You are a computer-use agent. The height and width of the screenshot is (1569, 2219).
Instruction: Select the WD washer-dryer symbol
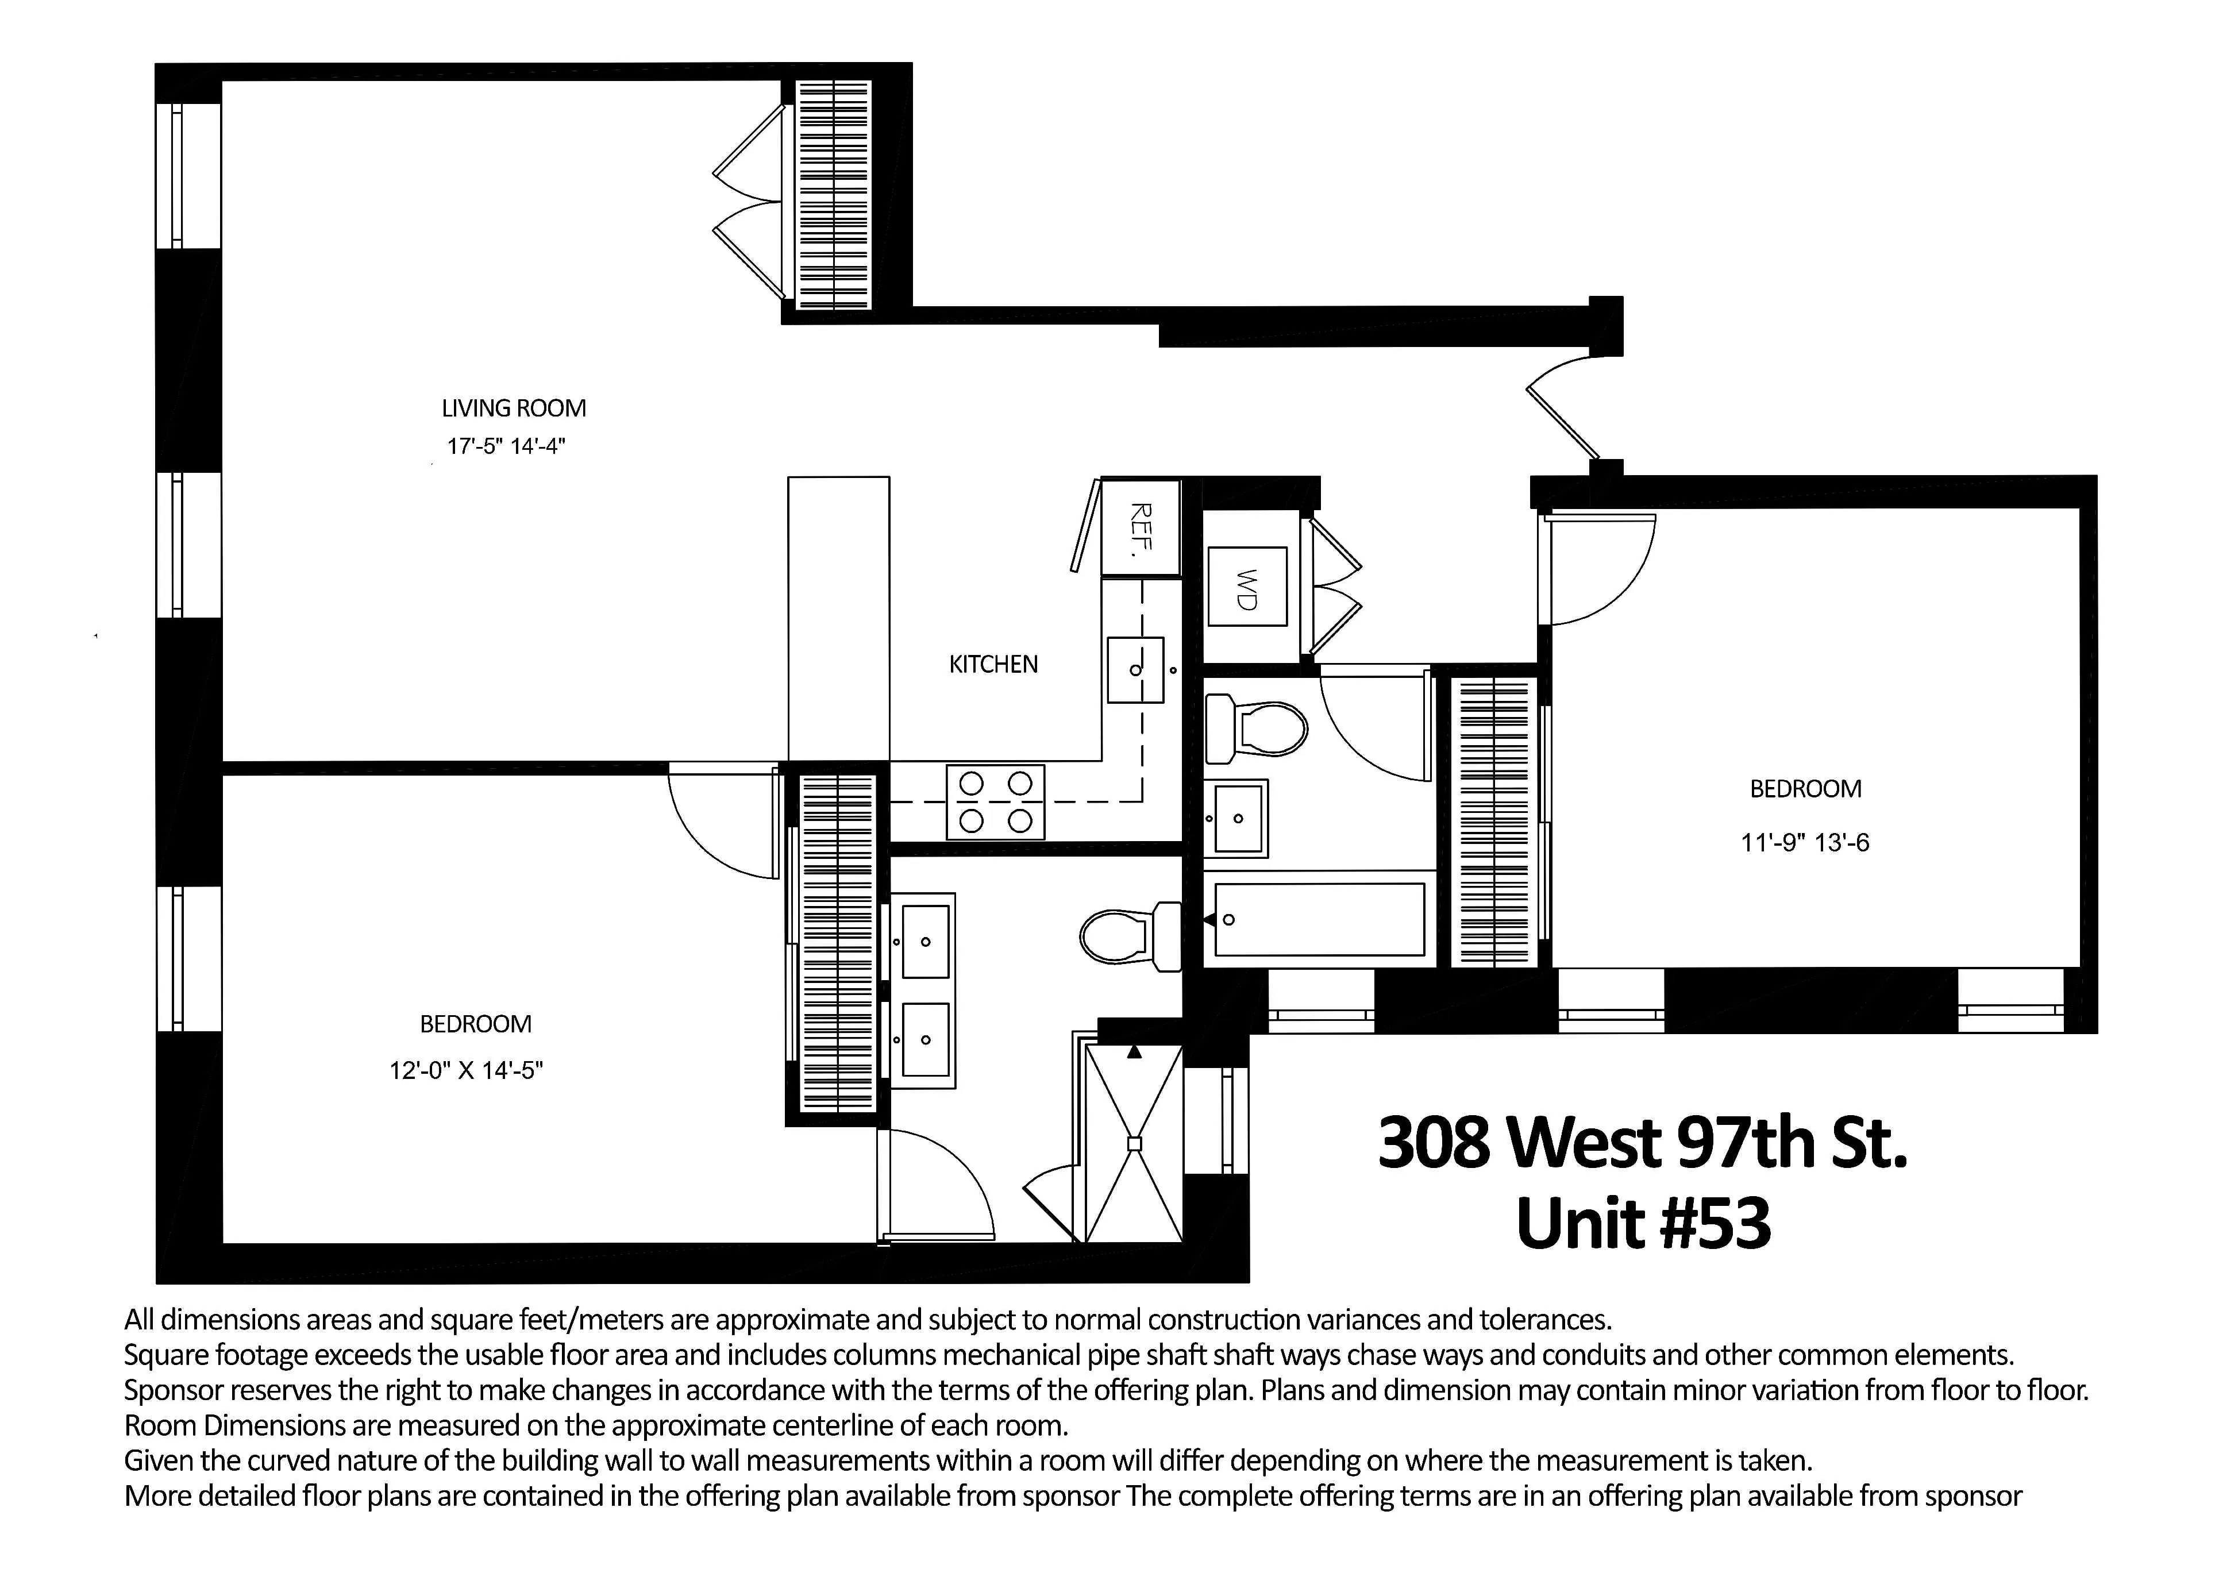(x=1247, y=587)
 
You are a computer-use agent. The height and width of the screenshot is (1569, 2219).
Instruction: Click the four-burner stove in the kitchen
(x=996, y=802)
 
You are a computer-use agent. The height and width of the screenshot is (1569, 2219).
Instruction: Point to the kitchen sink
(x=1135, y=669)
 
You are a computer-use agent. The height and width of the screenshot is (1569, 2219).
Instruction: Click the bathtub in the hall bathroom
(x=1318, y=919)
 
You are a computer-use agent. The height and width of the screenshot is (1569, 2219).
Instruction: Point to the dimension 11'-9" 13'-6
(x=1804, y=842)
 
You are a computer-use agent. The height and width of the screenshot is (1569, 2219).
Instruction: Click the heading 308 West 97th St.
(x=1642, y=1142)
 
